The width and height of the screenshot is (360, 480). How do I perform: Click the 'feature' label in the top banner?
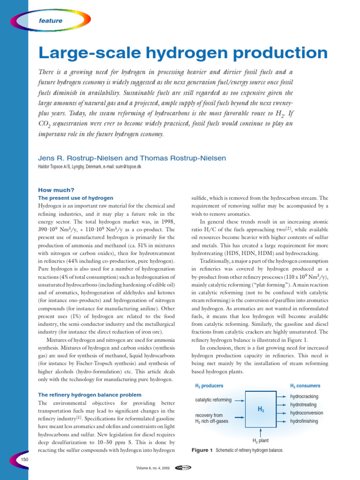50,21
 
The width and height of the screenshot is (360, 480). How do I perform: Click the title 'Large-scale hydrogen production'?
183,52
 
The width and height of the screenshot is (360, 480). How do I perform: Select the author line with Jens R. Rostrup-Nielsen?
132,158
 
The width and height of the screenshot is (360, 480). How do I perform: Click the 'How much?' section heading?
56,190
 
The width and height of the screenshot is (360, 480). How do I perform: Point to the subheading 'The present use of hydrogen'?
75,198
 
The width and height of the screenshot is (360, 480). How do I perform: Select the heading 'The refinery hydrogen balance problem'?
90,395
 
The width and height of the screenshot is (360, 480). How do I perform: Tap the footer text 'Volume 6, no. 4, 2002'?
152,467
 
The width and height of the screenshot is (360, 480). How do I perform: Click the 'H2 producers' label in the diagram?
209,386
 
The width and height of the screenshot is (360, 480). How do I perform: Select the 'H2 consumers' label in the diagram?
305,386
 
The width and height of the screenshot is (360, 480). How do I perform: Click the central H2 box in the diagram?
261,409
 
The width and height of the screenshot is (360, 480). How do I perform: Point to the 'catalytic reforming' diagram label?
213,400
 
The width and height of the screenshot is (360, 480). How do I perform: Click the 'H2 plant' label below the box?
261,441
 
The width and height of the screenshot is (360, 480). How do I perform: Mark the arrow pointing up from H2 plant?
261,432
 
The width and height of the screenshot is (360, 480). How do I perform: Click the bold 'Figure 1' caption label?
202,450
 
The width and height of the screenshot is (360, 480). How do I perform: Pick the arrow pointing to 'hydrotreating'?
283,405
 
